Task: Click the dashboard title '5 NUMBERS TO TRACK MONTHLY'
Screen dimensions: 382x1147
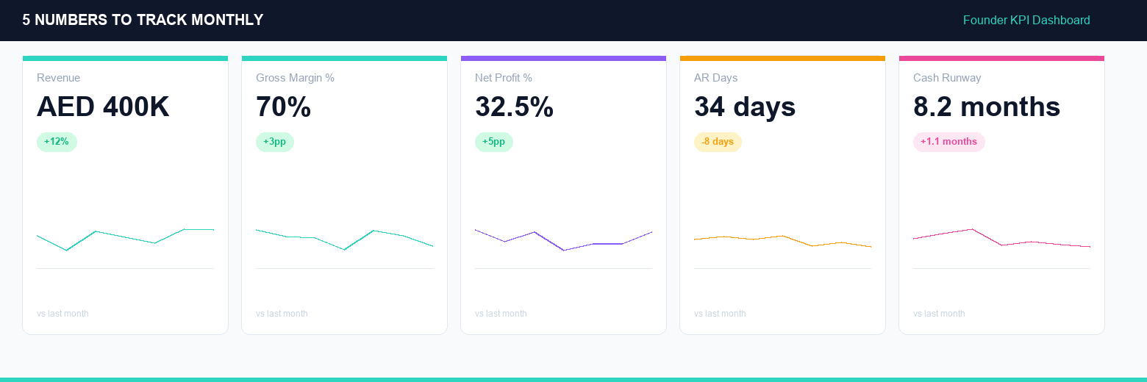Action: (x=143, y=21)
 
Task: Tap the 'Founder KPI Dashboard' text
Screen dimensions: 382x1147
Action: (x=1026, y=21)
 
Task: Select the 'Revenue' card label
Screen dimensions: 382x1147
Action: (x=58, y=78)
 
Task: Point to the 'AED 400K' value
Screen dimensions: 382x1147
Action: (x=103, y=107)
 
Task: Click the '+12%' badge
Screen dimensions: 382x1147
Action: (x=57, y=142)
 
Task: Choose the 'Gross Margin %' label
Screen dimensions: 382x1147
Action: (x=295, y=78)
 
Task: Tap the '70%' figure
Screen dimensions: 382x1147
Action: (x=283, y=107)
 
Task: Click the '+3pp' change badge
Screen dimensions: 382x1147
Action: (x=275, y=142)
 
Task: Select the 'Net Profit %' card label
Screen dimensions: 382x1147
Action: (x=504, y=78)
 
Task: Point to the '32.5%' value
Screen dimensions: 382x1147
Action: (x=514, y=107)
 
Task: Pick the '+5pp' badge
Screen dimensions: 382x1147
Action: (x=494, y=142)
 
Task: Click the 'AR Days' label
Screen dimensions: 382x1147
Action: (x=715, y=78)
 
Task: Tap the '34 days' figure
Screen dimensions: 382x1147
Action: (x=745, y=107)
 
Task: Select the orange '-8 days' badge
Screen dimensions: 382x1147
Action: (x=718, y=142)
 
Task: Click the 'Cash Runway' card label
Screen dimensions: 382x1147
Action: (x=947, y=78)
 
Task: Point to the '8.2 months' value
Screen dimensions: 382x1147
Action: (x=987, y=107)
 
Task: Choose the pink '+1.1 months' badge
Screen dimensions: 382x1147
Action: (x=948, y=142)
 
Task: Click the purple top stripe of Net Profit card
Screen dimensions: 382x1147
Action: (x=563, y=58)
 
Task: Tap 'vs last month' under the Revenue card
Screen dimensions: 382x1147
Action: (x=62, y=314)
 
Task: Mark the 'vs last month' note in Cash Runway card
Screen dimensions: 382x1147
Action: (x=939, y=314)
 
